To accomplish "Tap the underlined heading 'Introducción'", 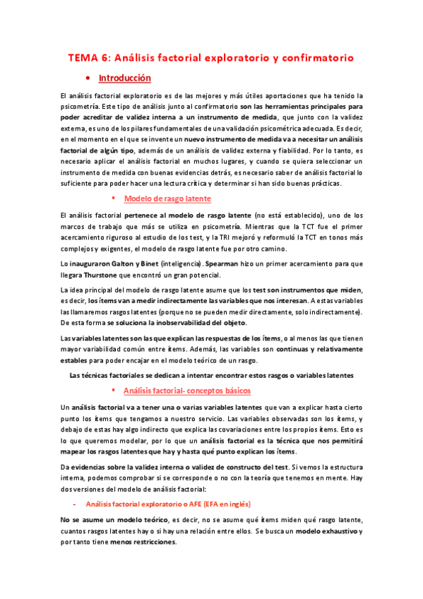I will [x=125, y=78].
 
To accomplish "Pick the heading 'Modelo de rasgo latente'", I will [x=162, y=198].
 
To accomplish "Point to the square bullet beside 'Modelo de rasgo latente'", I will [x=113, y=198].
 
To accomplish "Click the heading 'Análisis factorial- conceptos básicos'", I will [x=186, y=391].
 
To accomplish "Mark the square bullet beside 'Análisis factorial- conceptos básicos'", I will [x=113, y=391].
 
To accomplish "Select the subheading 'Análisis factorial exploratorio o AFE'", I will [x=146, y=504].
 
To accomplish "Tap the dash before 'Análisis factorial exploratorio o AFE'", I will [x=75, y=504].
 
